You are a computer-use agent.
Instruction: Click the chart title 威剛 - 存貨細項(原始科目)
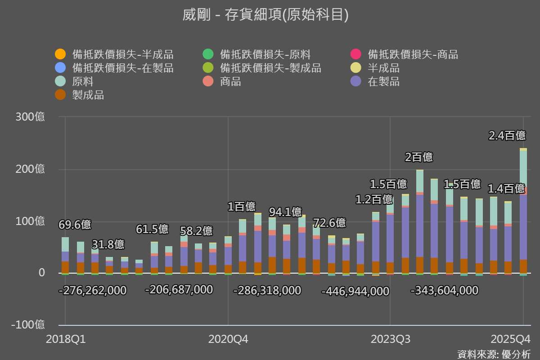point(265,15)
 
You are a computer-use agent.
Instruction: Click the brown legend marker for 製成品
point(60,95)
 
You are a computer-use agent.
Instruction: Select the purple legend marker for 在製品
point(356,82)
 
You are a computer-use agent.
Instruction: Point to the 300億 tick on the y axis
point(30,117)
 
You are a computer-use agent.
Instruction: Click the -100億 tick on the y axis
point(27,325)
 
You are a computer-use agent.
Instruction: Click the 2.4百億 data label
point(507,135)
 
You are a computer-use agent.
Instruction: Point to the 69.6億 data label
point(75,225)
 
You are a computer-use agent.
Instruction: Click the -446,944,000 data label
point(355,292)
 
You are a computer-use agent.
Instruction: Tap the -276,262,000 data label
point(93,291)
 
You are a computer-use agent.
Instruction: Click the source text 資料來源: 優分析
point(494,354)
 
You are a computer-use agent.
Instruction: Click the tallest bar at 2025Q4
point(523,211)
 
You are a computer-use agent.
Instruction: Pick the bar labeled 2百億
point(419,220)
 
